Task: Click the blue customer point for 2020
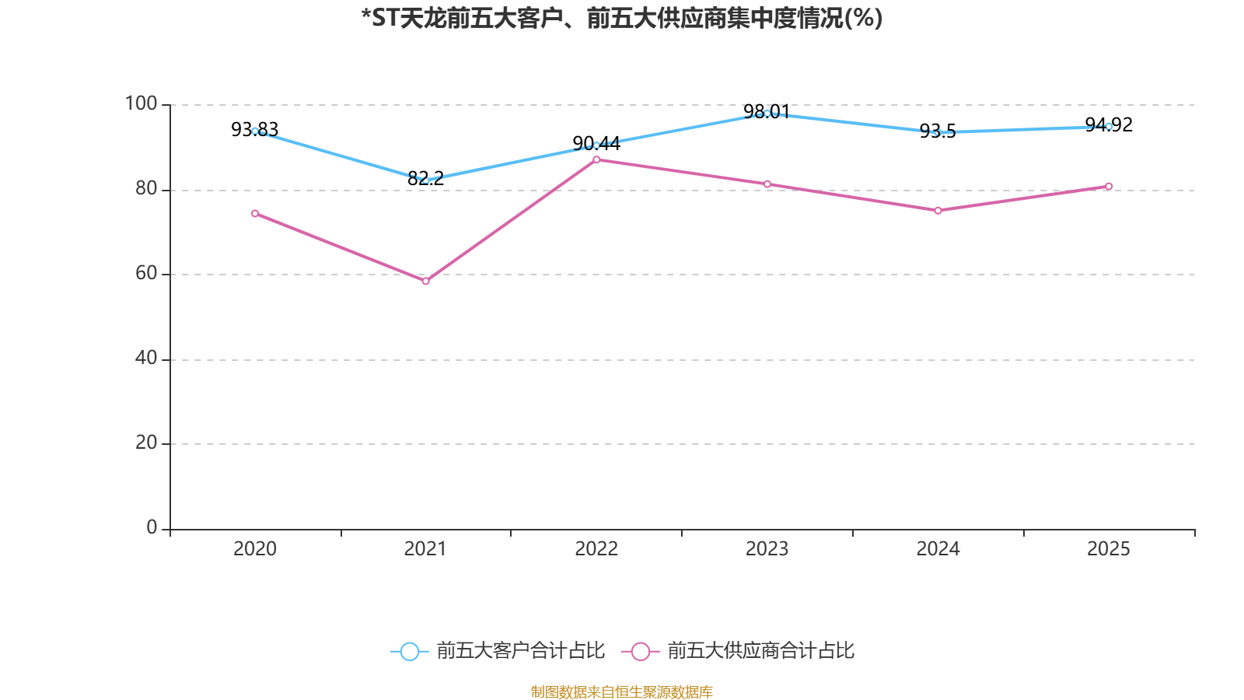(255, 131)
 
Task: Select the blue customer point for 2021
(425, 180)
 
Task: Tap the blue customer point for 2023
(767, 114)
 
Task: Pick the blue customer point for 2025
(1109, 126)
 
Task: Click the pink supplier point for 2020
(255, 213)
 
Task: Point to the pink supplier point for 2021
(425, 281)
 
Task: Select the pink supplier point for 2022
(596, 159)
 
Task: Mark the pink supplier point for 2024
(938, 210)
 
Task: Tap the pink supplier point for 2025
(1109, 186)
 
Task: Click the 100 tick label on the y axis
(141, 103)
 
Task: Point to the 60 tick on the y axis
(145, 273)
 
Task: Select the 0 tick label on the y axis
(152, 527)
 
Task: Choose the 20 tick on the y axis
(145, 443)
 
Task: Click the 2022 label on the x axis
(596, 549)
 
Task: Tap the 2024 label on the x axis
(938, 549)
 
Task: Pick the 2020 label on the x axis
(255, 549)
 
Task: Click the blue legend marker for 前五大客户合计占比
(409, 651)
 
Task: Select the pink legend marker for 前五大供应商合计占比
(640, 651)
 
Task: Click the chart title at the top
(622, 18)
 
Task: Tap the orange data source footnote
(622, 691)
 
